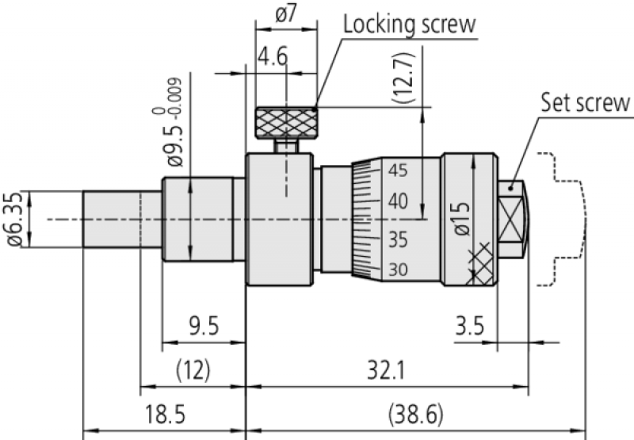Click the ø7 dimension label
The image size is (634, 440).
click(x=286, y=14)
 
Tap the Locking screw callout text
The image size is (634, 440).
click(x=409, y=24)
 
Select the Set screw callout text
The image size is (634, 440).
click(x=585, y=103)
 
